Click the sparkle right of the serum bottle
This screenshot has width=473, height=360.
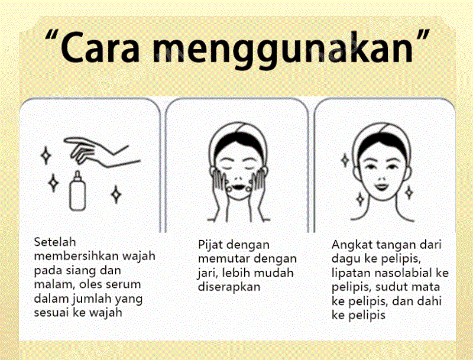click(116, 194)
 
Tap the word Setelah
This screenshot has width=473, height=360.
click(55, 242)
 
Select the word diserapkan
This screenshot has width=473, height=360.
click(229, 287)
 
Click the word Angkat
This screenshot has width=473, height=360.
click(349, 245)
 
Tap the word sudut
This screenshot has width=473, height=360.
click(390, 287)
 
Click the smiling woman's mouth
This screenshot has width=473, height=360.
click(381, 187)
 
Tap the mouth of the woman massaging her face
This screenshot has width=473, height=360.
click(238, 187)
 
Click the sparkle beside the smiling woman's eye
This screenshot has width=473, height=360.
click(345, 160)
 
